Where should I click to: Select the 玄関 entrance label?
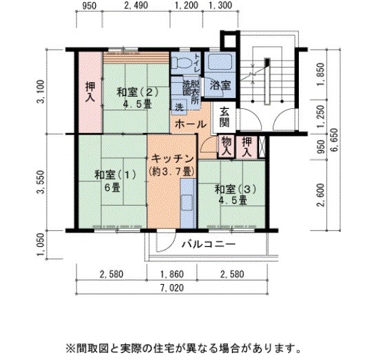pos(225,117)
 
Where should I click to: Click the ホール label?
pos(190,124)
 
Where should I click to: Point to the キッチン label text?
pos(172,159)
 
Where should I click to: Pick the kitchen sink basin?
pos(187,202)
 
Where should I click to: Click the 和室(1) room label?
pos(116,174)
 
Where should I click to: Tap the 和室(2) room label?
pos(137,92)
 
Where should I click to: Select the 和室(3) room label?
pos(236,190)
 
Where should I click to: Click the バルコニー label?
pos(209,244)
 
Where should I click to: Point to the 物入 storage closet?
pos(227,147)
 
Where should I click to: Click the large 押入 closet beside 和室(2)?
pos(90,92)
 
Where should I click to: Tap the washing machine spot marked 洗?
pos(179,107)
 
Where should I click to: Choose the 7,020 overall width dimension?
pos(172,288)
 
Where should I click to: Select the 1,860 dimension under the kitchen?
pos(172,274)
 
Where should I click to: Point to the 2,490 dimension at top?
pos(136,6)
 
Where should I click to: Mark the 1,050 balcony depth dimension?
pos(41,244)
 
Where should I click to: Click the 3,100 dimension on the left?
pos(41,92)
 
